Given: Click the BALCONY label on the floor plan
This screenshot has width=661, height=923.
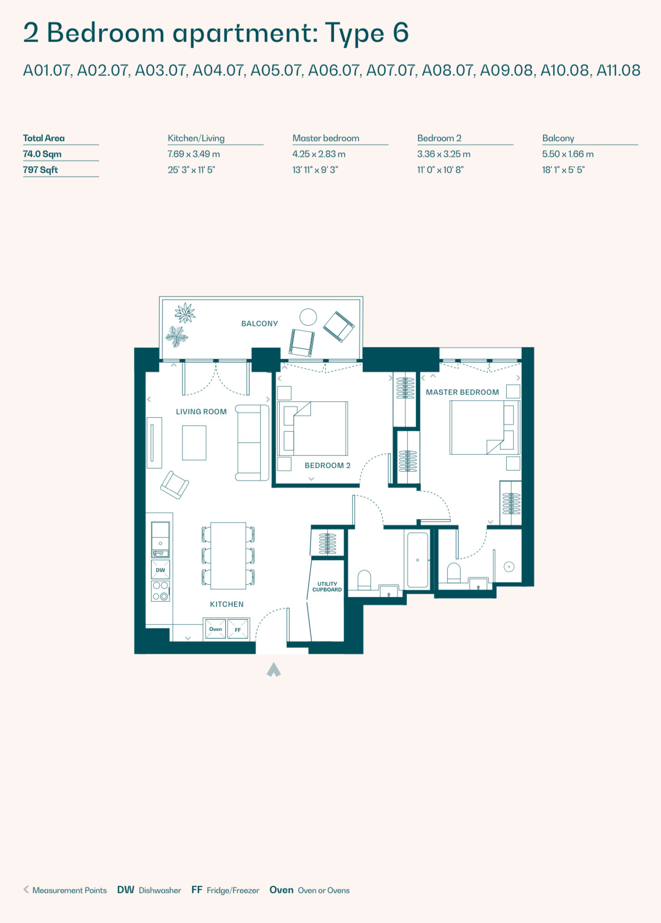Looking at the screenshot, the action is pos(259,324).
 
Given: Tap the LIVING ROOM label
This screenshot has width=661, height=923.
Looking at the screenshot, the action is pos(201,412).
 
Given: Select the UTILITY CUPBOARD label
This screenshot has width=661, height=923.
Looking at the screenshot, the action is pos(327,587).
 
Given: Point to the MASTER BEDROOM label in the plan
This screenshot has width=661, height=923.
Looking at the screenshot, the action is pos(462,392).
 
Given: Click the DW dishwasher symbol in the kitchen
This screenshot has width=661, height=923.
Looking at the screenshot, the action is pos(160,570).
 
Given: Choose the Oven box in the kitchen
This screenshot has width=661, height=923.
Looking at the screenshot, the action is pos(215,629).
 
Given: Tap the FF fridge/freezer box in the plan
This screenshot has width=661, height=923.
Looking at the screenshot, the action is pos(238,629).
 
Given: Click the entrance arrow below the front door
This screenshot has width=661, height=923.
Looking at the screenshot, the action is pos(274,669).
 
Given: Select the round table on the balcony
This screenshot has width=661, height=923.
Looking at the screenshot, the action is pos(308,317).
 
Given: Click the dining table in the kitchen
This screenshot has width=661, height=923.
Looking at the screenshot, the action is pos(228,556).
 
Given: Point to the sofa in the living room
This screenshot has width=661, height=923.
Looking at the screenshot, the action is pos(252,443).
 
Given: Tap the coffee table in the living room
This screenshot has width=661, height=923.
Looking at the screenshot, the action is pos(194,443).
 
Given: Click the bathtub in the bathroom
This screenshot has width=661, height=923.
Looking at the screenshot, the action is pos(417,560).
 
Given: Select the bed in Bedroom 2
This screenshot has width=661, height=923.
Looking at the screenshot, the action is pos(313,429).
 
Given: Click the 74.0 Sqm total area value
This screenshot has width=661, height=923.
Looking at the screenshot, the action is pos(42,154).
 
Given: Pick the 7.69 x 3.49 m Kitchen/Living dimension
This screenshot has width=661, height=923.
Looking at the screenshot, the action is pos(194,154).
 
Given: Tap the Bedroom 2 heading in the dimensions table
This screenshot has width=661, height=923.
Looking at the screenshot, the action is pos(439,138).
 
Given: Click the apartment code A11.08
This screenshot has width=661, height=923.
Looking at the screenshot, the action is pos(618,70).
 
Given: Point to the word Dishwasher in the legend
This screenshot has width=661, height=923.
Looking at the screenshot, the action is pos(160,890).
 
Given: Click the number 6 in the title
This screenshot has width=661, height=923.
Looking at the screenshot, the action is pos(401,33).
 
